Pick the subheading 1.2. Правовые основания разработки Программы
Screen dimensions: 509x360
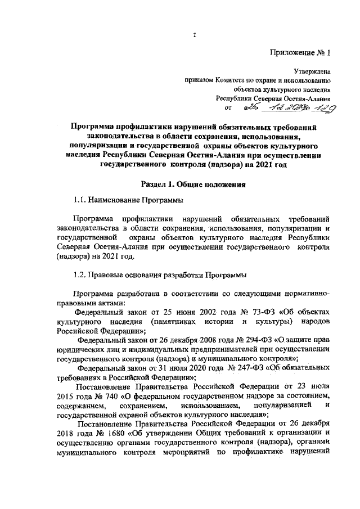coord(160,274)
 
